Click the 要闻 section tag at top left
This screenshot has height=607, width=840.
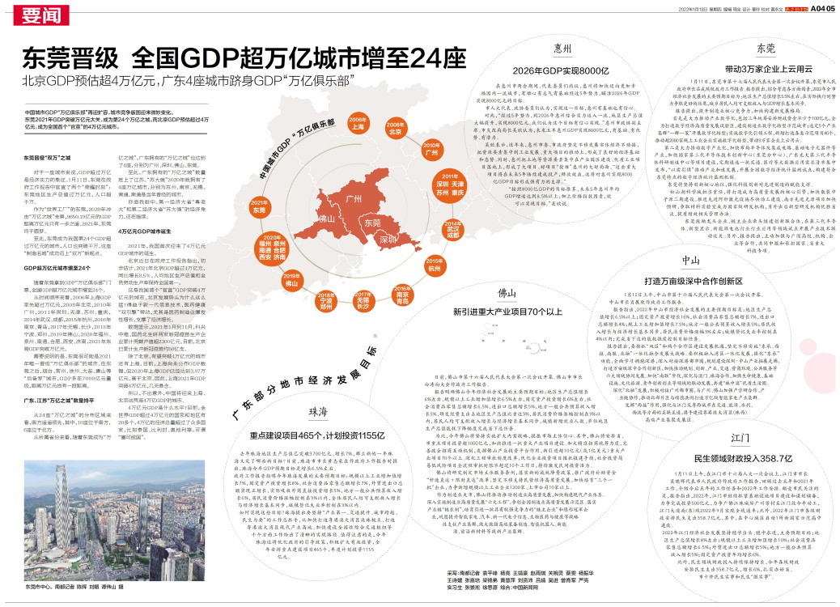(41, 15)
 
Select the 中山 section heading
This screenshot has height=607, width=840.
(690, 260)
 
